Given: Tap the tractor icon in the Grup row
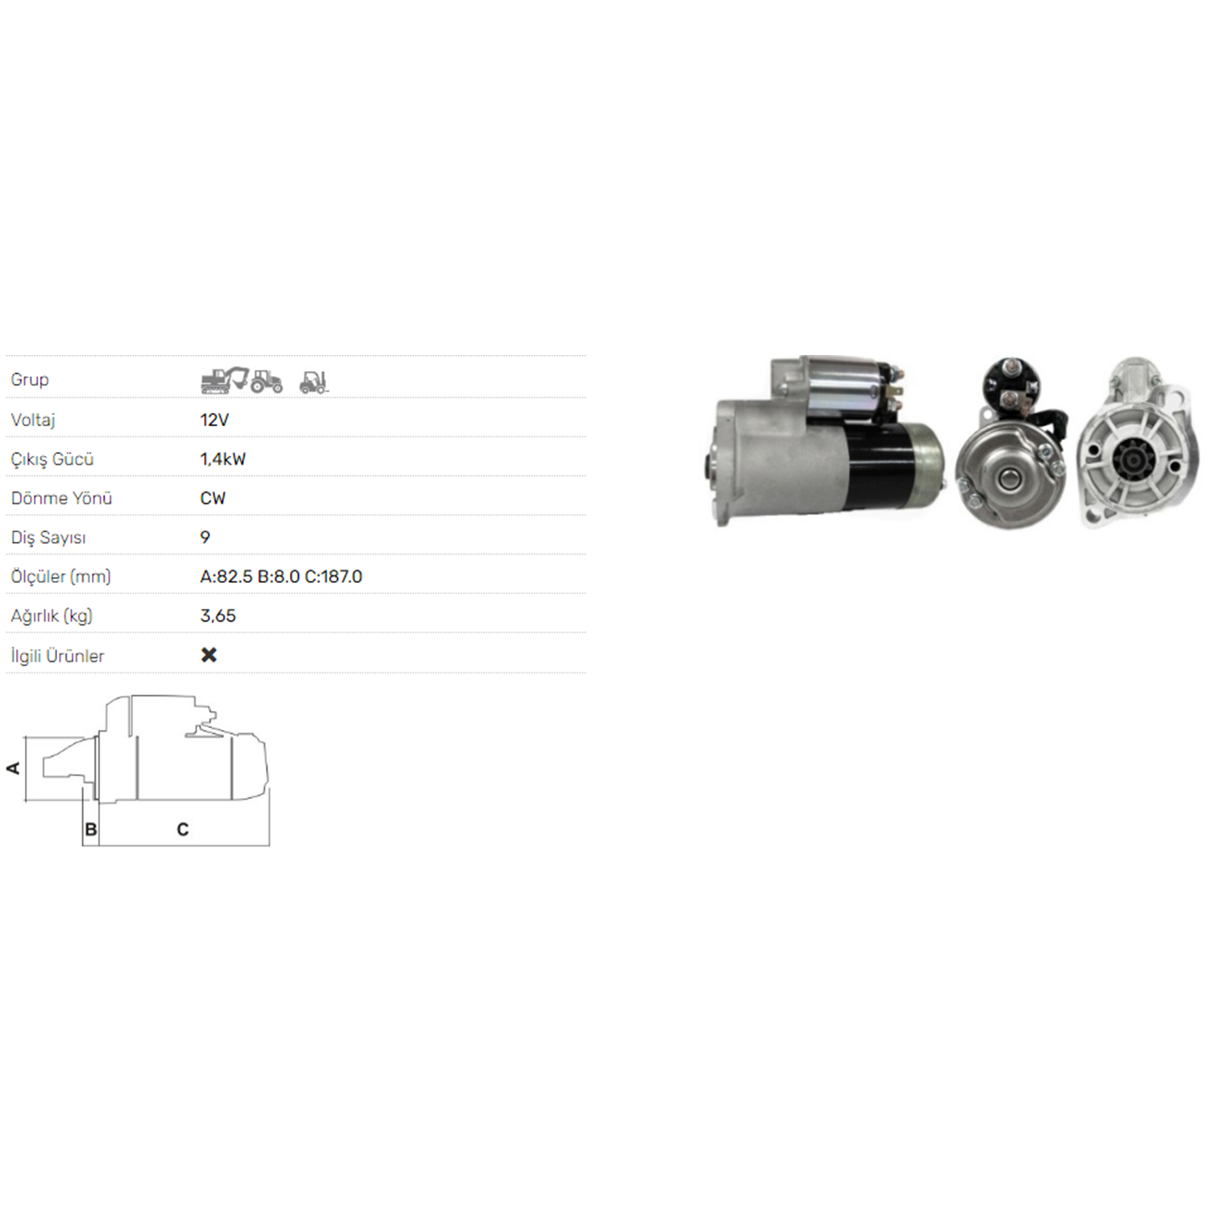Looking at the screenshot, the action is click(x=267, y=381).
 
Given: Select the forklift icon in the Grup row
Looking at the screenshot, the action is click(x=314, y=382).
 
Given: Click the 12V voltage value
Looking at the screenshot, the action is click(x=214, y=420).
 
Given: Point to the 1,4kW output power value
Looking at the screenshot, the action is click(x=223, y=459).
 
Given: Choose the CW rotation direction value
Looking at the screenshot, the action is click(x=213, y=498).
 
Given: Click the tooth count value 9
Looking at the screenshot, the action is click(x=205, y=537).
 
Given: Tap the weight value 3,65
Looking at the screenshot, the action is click(x=218, y=616).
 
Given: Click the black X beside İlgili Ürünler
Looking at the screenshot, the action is click(x=209, y=655).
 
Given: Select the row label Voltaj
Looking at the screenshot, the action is click(x=33, y=420).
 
